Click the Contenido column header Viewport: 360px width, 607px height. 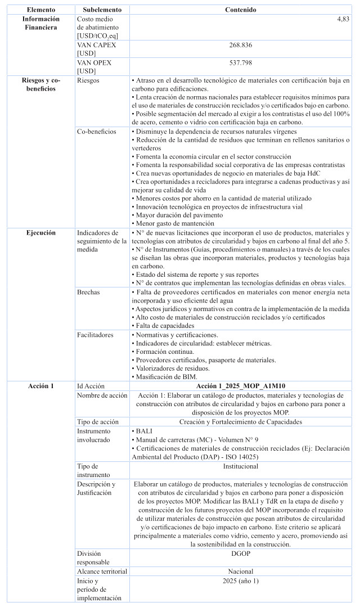240,10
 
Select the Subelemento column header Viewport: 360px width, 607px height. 100,10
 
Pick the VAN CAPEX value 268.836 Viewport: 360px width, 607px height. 240,44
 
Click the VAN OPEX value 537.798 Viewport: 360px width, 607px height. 240,61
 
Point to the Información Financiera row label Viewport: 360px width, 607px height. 40,23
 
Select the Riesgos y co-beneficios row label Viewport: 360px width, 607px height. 40,84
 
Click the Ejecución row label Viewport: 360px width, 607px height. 40,232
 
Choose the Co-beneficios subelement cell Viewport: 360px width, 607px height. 96,131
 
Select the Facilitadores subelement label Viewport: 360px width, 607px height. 95,335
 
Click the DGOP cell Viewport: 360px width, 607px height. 240,554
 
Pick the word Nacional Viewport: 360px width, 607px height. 240,571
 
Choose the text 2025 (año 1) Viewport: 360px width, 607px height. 240,580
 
